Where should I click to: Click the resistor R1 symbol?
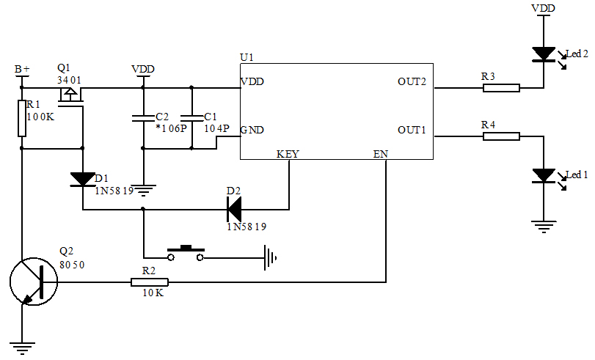click(22, 118)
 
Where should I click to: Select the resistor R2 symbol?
click(150, 282)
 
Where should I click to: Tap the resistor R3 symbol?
click(501, 88)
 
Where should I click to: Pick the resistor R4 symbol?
click(501, 136)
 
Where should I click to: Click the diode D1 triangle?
click(82, 179)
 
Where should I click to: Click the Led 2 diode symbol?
click(544, 54)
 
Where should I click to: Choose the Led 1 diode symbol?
click(544, 176)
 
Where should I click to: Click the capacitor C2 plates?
click(143, 117)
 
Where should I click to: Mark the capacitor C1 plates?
click(191, 117)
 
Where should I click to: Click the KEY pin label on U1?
click(288, 155)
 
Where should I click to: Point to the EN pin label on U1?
click(380, 155)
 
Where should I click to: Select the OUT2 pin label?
click(412, 81)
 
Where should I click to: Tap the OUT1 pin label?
click(412, 130)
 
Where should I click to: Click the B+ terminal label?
click(23, 70)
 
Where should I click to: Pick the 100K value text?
click(41, 117)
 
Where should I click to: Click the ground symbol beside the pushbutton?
click(272, 257)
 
